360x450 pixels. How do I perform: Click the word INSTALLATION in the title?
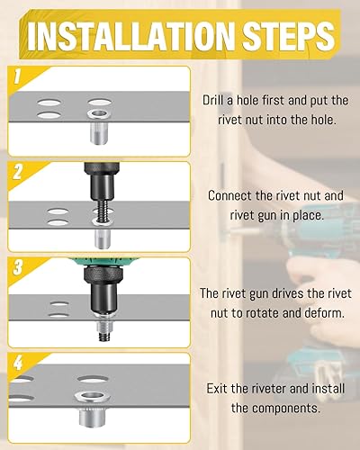130,36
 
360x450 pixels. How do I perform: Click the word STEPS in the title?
288,36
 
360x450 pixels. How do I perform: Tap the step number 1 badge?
17,76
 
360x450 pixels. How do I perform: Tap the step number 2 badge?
18,172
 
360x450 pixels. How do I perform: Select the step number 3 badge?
18,267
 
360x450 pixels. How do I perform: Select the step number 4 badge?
18,363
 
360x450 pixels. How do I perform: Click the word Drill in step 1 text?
212,100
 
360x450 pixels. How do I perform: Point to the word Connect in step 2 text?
229,195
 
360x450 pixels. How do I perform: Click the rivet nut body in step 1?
99,135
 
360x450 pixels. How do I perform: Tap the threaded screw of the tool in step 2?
101,210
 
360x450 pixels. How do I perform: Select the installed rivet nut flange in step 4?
92,397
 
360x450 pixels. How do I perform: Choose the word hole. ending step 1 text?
321,120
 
